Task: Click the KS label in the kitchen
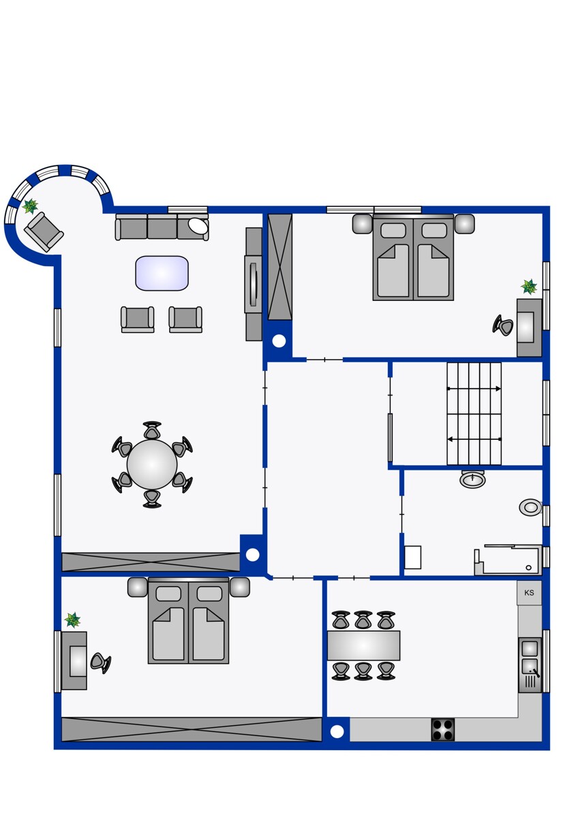(x=529, y=593)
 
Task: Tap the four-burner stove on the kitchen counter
(x=443, y=729)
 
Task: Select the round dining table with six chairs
(x=152, y=464)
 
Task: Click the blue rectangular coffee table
(x=162, y=273)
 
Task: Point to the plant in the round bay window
(x=30, y=206)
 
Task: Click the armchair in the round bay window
(x=44, y=231)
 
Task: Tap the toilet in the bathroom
(x=530, y=507)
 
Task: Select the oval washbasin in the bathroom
(x=473, y=479)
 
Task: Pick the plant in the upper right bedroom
(x=529, y=287)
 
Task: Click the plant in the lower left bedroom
(x=72, y=620)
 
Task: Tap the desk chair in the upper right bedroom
(x=502, y=324)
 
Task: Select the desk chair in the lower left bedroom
(x=100, y=662)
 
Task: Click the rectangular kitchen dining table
(x=363, y=645)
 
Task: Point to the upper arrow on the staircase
(x=474, y=389)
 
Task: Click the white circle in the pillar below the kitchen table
(x=337, y=731)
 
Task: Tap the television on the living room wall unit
(x=254, y=284)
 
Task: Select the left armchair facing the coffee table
(x=137, y=319)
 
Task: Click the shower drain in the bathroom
(x=528, y=568)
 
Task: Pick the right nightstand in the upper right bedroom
(x=464, y=223)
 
